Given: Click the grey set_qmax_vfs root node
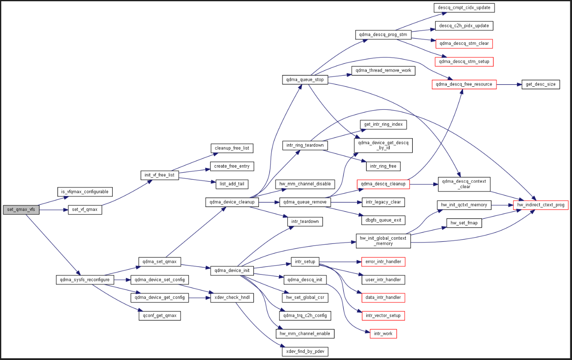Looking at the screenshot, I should coord(21,210).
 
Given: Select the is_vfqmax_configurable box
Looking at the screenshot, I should coord(85,192).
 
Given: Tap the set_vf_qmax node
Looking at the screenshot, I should coord(85,210).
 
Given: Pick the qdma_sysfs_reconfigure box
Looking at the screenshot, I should coord(85,280).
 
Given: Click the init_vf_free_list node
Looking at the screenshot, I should coord(160,175).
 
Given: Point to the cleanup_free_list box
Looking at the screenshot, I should coord(232,148).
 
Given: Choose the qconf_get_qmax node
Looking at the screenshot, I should coord(159,316).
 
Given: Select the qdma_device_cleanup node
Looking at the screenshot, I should coord(232,202).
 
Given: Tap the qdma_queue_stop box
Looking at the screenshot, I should coord(305,80).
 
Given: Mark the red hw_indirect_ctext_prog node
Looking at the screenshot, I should coord(541,205).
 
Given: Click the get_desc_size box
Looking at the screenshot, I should coord(541,84).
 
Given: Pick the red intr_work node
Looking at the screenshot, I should coord(383,334).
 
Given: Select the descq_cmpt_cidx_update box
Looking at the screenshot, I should coord(463,8).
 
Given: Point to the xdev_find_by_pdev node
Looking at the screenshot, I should coord(305,351).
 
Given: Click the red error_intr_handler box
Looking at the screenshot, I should coord(383,262).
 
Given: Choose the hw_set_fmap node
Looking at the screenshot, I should coord(464,223).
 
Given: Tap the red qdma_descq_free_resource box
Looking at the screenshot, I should coord(464,84).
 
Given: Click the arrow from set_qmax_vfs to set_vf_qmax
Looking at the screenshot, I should coord(54,210).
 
